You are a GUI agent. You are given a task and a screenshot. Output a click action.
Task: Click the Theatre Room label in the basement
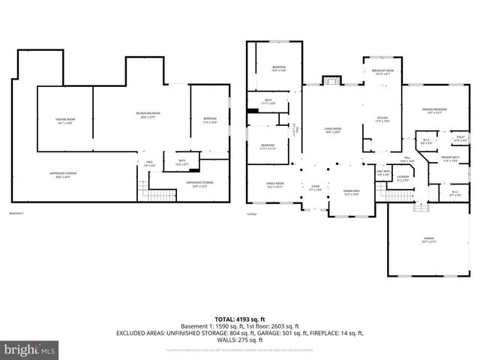tap(65, 121)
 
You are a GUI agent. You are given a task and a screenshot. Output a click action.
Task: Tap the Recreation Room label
tap(151, 115)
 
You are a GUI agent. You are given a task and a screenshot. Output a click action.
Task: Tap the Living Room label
tap(333, 130)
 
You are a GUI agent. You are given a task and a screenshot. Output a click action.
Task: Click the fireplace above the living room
tap(331, 81)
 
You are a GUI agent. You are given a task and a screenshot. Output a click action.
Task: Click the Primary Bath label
tap(451, 159)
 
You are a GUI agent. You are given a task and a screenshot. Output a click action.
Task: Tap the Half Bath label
tap(382, 174)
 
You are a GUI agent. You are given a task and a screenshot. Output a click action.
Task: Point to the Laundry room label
tap(403, 178)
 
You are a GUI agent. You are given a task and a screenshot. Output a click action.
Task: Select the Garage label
tap(428, 241)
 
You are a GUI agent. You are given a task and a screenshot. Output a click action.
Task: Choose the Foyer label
tap(316, 188)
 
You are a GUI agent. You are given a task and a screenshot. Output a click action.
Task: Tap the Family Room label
tap(275, 184)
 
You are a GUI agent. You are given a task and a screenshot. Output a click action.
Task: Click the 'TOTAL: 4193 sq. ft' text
tap(240, 319)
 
